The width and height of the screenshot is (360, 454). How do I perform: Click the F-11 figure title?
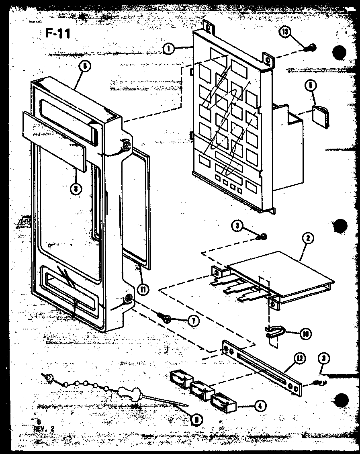pyautogui.click(x=58, y=34)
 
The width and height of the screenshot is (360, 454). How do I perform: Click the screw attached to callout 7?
pyautogui.click(x=166, y=318)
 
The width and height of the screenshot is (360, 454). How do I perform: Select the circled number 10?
pyautogui.click(x=305, y=333)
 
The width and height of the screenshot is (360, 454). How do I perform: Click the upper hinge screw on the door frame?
pyautogui.click(x=127, y=145)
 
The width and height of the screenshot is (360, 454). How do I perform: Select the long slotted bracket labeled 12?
pyautogui.click(x=261, y=366)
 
